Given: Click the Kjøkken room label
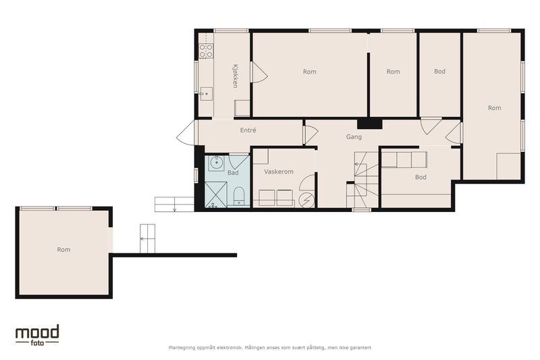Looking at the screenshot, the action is pyautogui.click(x=235, y=76).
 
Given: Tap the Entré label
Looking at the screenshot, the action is pyautogui.click(x=248, y=130).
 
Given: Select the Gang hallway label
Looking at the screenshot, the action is pyautogui.click(x=354, y=137).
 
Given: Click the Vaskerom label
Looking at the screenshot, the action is pyautogui.click(x=279, y=172).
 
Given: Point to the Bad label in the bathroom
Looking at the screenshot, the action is pyautogui.click(x=233, y=173).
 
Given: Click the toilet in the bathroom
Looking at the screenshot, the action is pyautogui.click(x=239, y=197).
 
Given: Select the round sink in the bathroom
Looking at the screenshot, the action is pyautogui.click(x=217, y=163).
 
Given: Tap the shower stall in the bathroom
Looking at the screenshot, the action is pyautogui.click(x=216, y=195).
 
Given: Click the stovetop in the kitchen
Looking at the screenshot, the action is pyautogui.click(x=207, y=51).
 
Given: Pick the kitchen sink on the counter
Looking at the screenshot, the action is pyautogui.click(x=206, y=94).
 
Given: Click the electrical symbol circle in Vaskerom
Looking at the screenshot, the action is pyautogui.click(x=306, y=200).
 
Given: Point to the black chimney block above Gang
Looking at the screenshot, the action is pyautogui.click(x=369, y=124).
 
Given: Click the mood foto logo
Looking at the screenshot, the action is pyautogui.click(x=37, y=335).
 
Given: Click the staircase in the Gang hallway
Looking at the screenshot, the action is pyautogui.click(x=362, y=179).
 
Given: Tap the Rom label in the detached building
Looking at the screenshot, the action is pyautogui.click(x=63, y=249).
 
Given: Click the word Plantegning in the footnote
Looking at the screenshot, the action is pyautogui.click(x=182, y=348).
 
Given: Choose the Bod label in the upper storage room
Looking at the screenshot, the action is pyautogui.click(x=440, y=72).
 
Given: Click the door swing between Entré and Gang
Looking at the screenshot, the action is pyautogui.click(x=310, y=134).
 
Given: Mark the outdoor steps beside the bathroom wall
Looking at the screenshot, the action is pyautogui.click(x=174, y=204).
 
